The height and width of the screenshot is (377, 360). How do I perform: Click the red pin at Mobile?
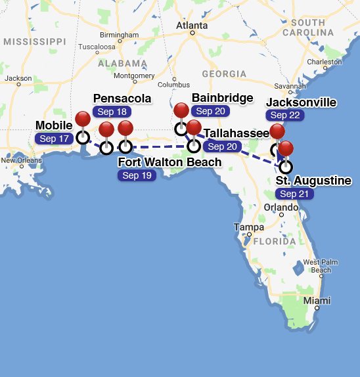click(x=83, y=120)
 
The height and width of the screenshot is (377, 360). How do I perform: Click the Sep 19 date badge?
click(x=137, y=175)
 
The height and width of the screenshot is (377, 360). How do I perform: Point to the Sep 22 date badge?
click(x=285, y=115)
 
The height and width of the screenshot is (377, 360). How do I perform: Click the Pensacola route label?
click(x=122, y=99)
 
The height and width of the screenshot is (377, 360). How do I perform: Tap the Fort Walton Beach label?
click(x=169, y=162)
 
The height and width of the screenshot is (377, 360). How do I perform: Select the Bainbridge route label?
click(x=223, y=98)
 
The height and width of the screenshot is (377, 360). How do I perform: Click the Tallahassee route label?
click(x=236, y=133)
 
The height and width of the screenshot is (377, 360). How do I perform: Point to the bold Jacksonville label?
click(x=301, y=102)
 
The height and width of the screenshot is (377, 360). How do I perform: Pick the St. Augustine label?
click(x=313, y=181)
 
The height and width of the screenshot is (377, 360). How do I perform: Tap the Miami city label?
click(x=317, y=301)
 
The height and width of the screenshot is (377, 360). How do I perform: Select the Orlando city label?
click(x=281, y=208)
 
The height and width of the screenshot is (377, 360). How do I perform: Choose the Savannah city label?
click(x=290, y=85)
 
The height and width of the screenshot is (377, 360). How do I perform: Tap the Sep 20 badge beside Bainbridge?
click(x=210, y=111)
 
